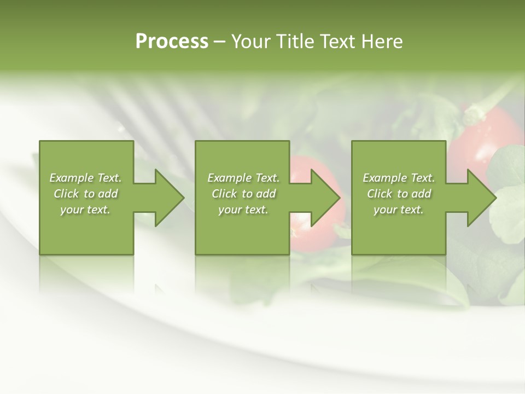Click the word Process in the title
(x=172, y=41)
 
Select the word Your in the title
(x=250, y=41)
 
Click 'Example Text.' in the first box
(x=85, y=178)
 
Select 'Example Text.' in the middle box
(x=243, y=178)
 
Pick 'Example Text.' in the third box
(x=399, y=178)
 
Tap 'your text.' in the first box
(x=85, y=210)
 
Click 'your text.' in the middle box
(x=243, y=210)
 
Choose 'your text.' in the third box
(x=399, y=210)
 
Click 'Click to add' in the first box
(x=85, y=194)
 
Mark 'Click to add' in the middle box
(x=243, y=194)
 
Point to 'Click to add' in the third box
(x=399, y=194)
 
